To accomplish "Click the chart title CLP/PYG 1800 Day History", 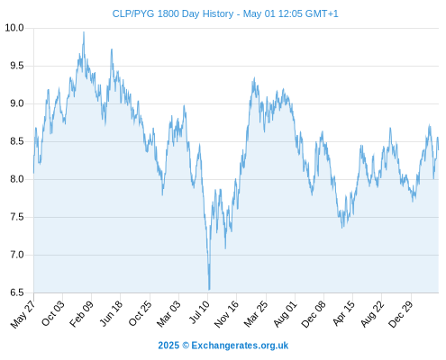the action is click(x=173, y=13).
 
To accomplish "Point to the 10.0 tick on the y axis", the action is click(x=14, y=28).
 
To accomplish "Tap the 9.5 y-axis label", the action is click(x=17, y=66).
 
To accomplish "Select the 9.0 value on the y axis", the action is click(x=17, y=103).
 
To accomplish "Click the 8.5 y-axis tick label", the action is click(x=17, y=141).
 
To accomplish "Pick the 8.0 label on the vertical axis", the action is click(x=17, y=179).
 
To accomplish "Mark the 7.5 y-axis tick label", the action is click(x=17, y=217).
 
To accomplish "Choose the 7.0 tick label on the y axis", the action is click(x=17, y=255).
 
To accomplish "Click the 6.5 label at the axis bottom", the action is click(x=17, y=292).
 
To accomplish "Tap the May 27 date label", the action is click(x=23, y=313).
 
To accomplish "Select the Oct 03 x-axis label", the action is click(x=52, y=313).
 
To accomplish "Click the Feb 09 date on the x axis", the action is click(x=81, y=313).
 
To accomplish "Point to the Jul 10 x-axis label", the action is click(x=199, y=312).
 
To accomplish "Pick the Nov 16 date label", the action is click(x=226, y=313).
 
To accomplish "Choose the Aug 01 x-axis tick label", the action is click(x=285, y=313).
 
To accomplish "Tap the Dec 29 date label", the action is click(x=401, y=313).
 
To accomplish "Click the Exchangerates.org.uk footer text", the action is click(x=240, y=346).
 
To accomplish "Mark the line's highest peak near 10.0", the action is click(x=84, y=31).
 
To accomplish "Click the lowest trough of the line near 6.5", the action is click(x=209, y=290).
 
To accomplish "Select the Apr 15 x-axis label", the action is click(x=343, y=313).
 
